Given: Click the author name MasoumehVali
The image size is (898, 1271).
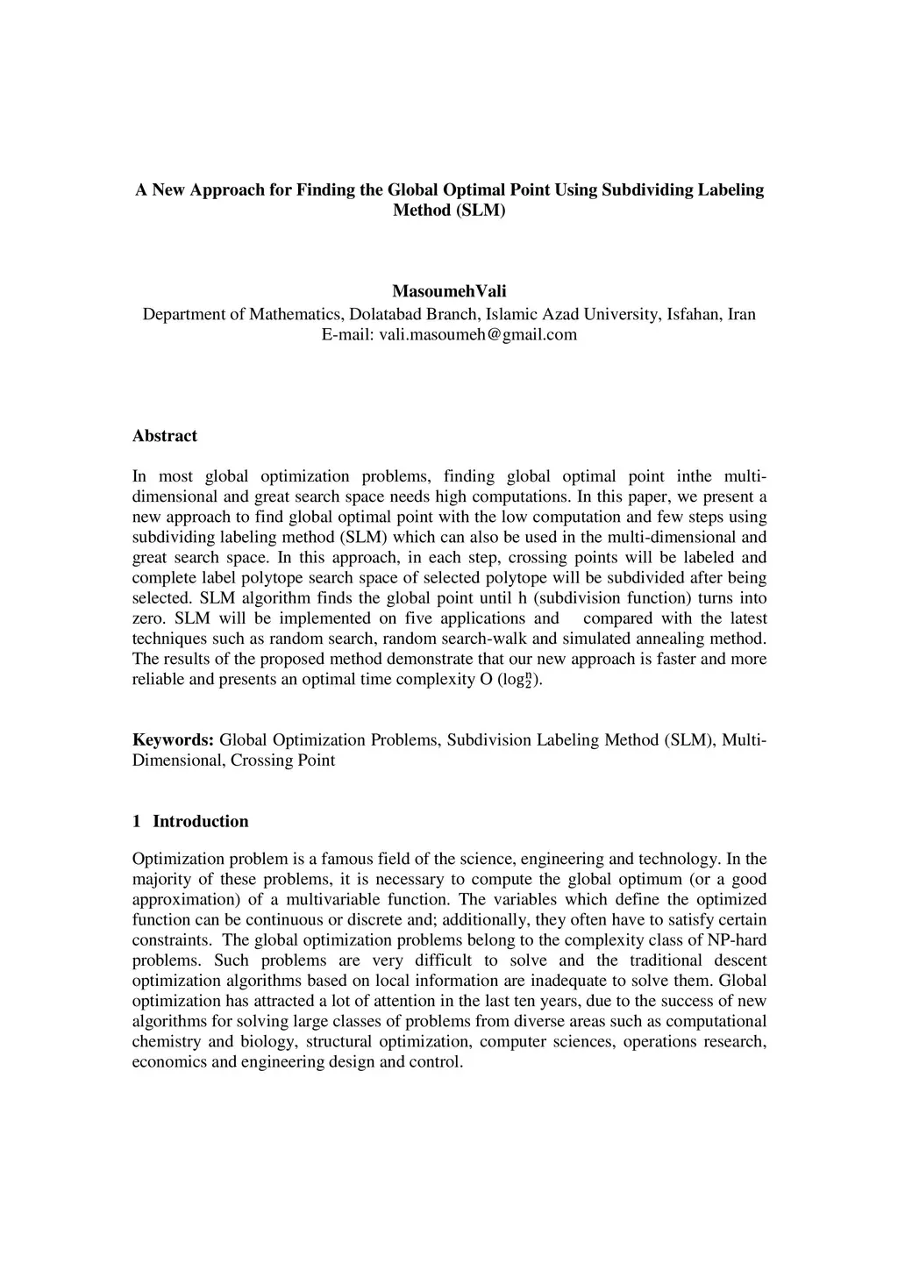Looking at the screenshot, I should click(x=449, y=291).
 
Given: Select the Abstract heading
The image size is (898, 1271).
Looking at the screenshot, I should click(x=165, y=436).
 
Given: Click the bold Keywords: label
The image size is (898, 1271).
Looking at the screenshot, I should click(x=173, y=739).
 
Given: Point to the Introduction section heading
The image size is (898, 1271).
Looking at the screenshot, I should click(x=200, y=821).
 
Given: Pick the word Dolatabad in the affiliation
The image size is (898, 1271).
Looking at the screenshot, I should click(x=389, y=314).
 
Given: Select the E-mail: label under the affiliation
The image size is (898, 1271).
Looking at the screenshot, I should click(x=348, y=334).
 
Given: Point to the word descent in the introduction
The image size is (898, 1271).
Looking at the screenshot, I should click(x=741, y=960).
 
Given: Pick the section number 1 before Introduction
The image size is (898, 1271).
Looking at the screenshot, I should click(x=136, y=821).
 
